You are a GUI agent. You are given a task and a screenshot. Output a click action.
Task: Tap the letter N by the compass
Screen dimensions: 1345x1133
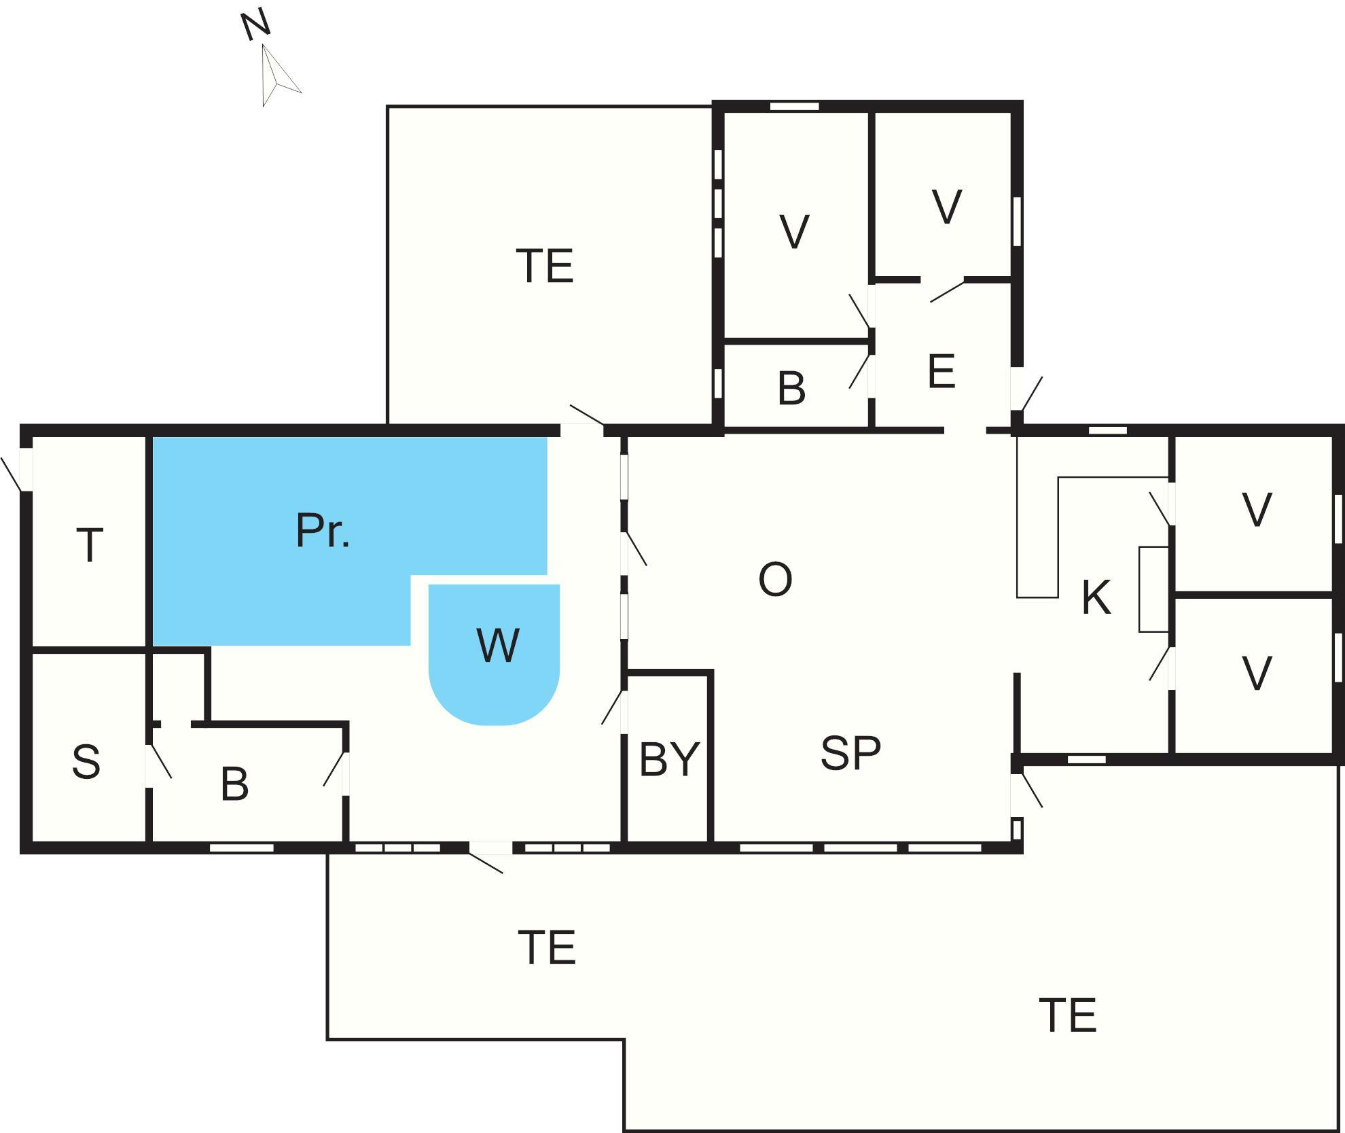tap(256, 27)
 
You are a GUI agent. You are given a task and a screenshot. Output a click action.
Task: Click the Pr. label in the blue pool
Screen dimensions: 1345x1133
tap(323, 531)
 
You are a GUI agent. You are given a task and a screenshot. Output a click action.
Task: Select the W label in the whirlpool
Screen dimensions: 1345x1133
tap(499, 646)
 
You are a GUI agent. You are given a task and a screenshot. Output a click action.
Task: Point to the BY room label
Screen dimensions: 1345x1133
tap(669, 759)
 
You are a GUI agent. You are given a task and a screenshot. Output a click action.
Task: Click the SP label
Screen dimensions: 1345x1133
tap(850, 753)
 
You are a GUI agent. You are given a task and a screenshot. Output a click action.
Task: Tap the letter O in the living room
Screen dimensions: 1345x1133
tap(775, 580)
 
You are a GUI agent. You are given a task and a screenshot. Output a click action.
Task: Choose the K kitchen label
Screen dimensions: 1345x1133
tap(1096, 598)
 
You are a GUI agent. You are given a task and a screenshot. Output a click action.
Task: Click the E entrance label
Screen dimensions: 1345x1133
tap(941, 372)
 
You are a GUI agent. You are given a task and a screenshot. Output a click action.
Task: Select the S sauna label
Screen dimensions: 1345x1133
tap(86, 761)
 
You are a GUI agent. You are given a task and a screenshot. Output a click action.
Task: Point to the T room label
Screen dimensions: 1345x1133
tap(90, 545)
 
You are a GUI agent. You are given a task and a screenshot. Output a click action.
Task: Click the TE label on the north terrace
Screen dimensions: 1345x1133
tap(545, 266)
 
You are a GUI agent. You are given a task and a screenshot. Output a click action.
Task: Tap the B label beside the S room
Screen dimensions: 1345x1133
tap(235, 784)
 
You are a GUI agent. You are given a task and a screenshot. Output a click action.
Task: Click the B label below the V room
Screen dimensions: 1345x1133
tap(791, 389)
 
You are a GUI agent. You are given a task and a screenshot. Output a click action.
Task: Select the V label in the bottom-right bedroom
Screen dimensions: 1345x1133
tap(1257, 674)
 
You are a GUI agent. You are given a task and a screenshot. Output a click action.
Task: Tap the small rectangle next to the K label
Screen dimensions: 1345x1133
tap(1153, 589)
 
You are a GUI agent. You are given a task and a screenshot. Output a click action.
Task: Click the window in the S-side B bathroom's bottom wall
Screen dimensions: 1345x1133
tap(241, 848)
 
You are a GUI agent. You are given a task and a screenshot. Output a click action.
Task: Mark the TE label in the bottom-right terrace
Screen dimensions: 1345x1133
tap(1068, 1016)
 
